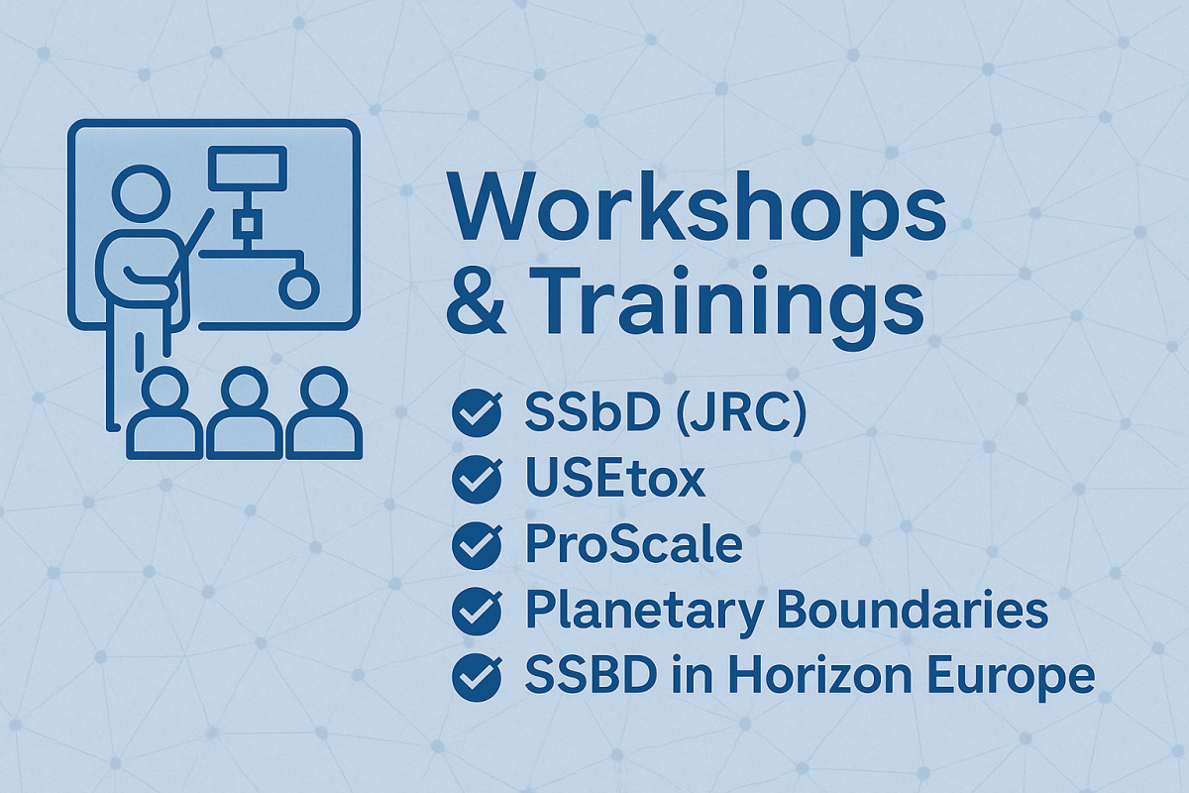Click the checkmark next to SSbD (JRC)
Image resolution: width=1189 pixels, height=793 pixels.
[477, 412]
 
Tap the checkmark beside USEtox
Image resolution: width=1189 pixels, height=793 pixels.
[477, 479]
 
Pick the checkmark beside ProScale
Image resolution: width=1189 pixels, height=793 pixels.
[477, 545]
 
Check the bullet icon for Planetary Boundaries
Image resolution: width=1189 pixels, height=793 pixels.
[477, 612]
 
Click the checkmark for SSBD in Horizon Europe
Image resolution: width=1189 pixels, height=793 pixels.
[477, 677]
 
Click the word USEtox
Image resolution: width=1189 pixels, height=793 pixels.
[615, 479]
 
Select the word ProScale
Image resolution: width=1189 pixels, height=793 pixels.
[634, 545]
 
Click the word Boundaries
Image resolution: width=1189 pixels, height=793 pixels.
[913, 611]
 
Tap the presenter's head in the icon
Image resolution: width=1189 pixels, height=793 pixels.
[141, 193]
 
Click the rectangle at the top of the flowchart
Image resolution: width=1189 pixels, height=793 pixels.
[248, 169]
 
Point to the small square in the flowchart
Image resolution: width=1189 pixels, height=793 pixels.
[247, 225]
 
